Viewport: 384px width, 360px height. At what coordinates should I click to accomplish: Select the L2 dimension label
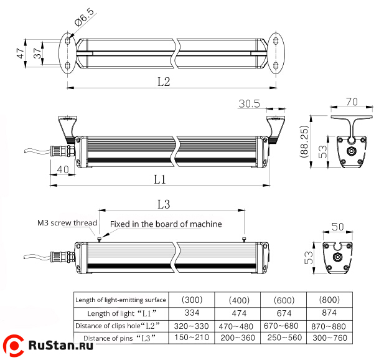164,82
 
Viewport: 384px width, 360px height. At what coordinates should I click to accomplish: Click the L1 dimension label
160,179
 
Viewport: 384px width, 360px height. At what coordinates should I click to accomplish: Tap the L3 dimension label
164,204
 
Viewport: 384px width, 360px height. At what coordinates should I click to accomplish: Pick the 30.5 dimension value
249,103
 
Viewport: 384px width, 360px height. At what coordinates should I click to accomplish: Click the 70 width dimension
353,102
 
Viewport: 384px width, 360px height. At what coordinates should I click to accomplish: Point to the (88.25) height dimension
305,143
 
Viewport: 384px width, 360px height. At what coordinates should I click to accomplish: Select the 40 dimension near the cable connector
63,169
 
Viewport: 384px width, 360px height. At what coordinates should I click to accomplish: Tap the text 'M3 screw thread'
67,223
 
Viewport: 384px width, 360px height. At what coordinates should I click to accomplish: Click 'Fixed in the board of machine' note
166,224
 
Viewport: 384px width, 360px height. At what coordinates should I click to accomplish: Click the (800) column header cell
329,300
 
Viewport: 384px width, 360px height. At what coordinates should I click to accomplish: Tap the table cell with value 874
329,313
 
